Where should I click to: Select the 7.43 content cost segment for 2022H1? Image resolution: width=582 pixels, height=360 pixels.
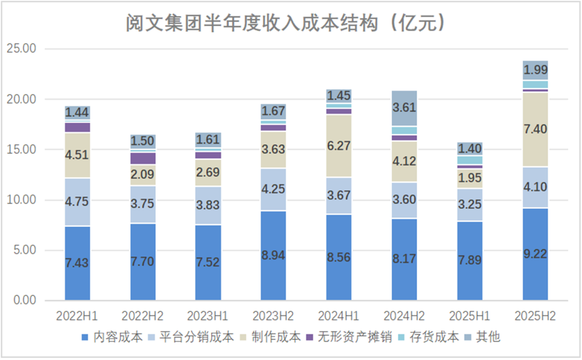pyautogui.click(x=78, y=263)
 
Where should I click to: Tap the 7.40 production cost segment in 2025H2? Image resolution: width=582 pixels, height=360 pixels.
pyautogui.click(x=536, y=129)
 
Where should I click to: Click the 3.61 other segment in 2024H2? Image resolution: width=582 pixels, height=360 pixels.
pyautogui.click(x=404, y=108)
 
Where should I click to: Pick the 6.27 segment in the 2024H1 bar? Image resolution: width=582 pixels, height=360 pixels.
pyautogui.click(x=338, y=146)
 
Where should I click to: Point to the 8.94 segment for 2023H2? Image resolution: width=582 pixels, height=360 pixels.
pyautogui.click(x=273, y=255)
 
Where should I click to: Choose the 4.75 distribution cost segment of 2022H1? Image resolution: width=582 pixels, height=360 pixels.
pyautogui.click(x=78, y=202)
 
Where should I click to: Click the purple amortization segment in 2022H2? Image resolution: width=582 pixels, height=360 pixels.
pyautogui.click(x=143, y=158)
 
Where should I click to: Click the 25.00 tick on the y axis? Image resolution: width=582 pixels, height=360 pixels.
pyautogui.click(x=21, y=49)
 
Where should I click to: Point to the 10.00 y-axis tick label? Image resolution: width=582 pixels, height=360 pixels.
pyautogui.click(x=21, y=200)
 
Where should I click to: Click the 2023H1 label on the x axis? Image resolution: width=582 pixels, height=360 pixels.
pyautogui.click(x=209, y=315)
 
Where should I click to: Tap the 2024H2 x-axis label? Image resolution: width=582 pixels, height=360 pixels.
pyautogui.click(x=404, y=315)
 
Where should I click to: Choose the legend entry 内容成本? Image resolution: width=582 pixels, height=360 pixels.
pyautogui.click(x=112, y=337)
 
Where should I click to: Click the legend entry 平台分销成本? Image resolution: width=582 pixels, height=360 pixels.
pyautogui.click(x=200, y=337)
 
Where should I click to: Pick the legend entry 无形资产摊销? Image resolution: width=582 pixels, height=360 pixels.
pyautogui.click(x=348, y=337)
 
